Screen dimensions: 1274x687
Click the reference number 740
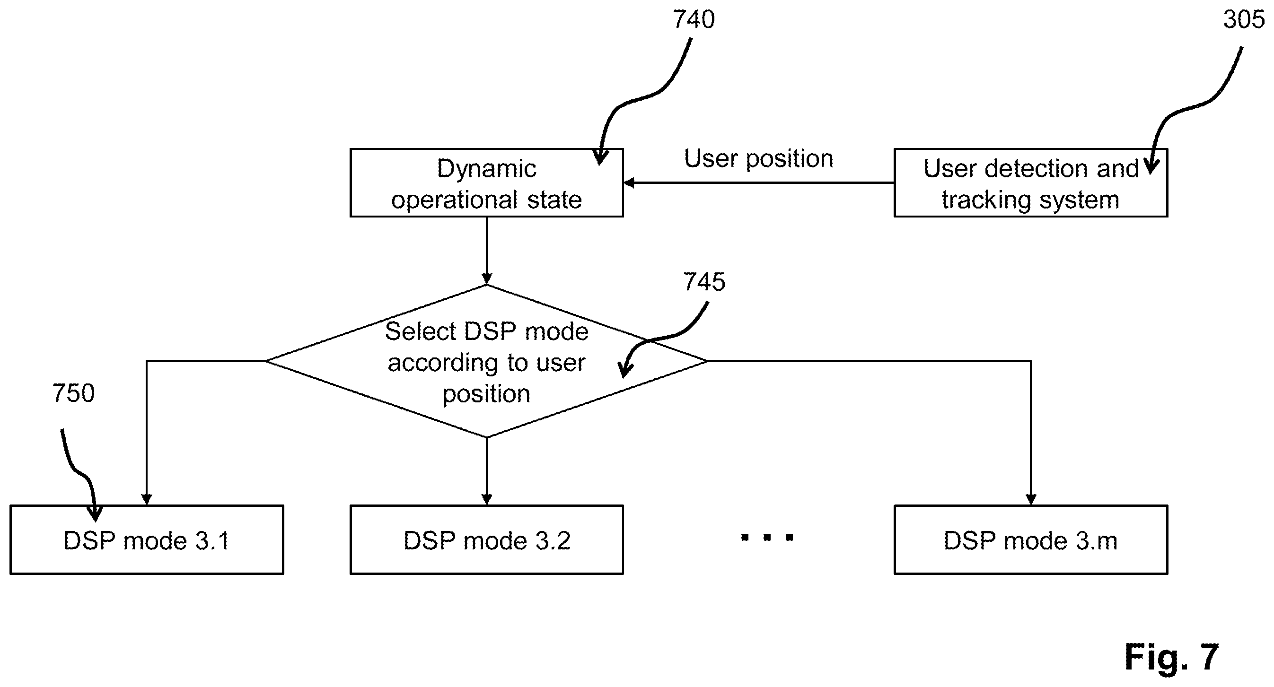pyautogui.click(x=694, y=20)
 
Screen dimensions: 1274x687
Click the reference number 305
pyautogui.click(x=1244, y=20)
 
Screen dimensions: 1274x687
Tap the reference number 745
pyautogui.click(x=704, y=282)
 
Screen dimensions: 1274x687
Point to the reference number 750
pyautogui.click(x=73, y=393)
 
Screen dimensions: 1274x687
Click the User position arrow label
pyautogui.click(x=759, y=159)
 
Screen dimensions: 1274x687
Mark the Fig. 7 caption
pyautogui.click(x=1172, y=657)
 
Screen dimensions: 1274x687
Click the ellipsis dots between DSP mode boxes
pyautogui.click(x=767, y=537)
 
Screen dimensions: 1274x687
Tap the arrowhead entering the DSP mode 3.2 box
pyautogui.click(x=487, y=499)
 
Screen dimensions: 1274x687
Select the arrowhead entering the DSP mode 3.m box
pyautogui.click(x=1031, y=499)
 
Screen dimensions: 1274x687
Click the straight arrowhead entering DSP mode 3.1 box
pyautogui.click(x=147, y=499)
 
